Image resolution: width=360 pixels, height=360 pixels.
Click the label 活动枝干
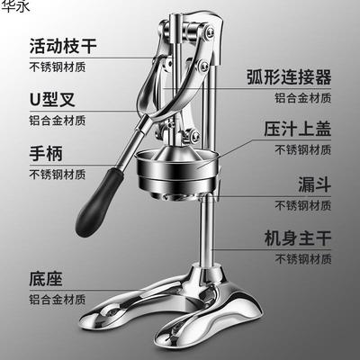(x=65, y=44)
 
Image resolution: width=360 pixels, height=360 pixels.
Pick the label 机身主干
(x=299, y=240)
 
